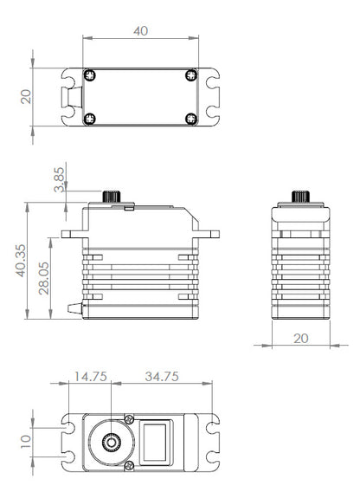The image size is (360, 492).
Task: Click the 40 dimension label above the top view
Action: pos(140,31)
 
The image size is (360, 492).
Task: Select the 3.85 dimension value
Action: pos(59,179)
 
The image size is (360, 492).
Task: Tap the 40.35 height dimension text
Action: pos(21,261)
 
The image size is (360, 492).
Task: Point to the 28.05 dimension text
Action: pos(44,278)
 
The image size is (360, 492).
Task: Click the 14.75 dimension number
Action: pos(91,377)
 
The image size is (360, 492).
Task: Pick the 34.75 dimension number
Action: pos(162,377)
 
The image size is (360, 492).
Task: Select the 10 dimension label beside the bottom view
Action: pos(26,442)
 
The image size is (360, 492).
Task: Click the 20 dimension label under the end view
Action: pos(301,339)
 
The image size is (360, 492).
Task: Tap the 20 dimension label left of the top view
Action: pos(26,97)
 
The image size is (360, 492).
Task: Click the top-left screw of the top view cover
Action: pos(90,75)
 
